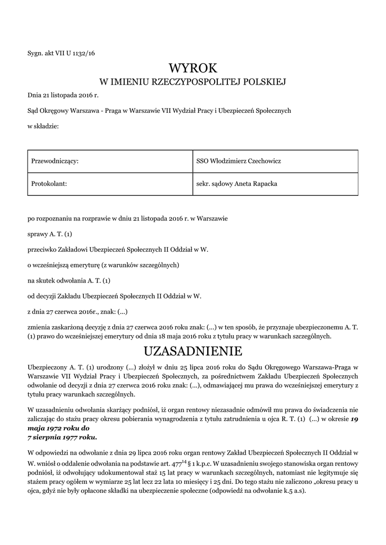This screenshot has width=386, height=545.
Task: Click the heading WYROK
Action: tap(193, 68)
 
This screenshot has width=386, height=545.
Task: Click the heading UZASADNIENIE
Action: tap(193, 351)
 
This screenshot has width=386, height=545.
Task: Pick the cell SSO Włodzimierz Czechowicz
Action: tap(239, 161)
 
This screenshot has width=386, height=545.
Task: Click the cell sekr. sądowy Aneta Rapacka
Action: tap(237, 184)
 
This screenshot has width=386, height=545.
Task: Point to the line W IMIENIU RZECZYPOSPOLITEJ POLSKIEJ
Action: tap(193, 82)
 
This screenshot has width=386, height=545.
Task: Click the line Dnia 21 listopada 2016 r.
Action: tap(63, 95)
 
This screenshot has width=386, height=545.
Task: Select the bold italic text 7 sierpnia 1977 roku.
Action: tap(62, 437)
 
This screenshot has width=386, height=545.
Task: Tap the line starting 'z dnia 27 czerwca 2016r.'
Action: tap(78, 311)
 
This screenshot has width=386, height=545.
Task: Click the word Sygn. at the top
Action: tap(35, 53)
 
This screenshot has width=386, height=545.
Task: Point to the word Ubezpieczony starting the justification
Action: tap(47, 367)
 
